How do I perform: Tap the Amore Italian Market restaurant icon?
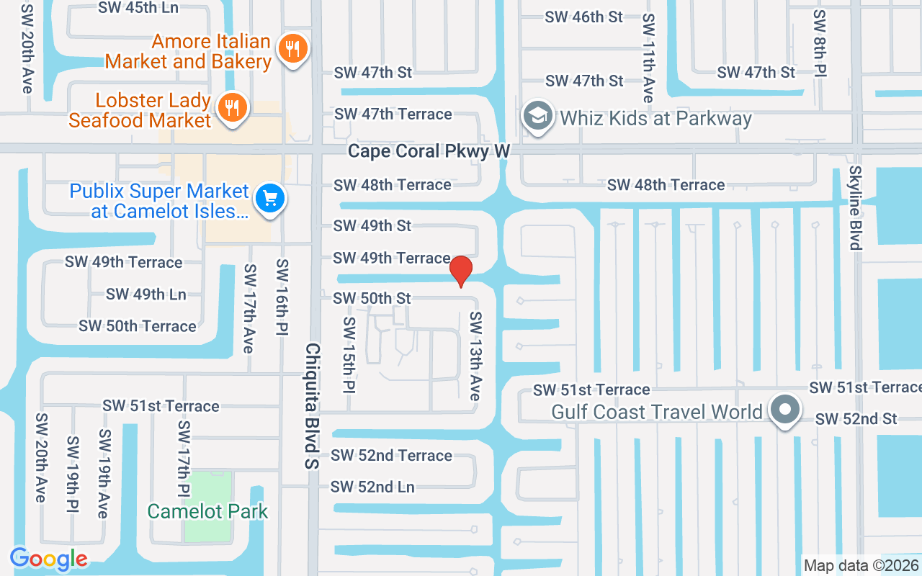point(292,49)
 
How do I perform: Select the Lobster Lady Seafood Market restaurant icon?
point(231,108)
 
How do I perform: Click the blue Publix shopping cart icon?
point(271,198)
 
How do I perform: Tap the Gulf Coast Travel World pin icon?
point(786,410)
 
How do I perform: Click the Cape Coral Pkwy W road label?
point(429,151)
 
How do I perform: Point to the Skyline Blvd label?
point(855,208)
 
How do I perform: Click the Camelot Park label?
point(207,512)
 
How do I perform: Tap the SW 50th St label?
point(372,298)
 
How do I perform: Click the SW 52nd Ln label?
point(372,487)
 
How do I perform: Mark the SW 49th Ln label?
point(146,294)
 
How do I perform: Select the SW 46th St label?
point(583,17)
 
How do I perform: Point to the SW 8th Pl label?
point(819,43)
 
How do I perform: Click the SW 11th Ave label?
point(648,58)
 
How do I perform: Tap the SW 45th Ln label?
point(139,8)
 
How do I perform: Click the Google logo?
point(49,559)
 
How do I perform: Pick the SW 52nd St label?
point(856,419)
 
